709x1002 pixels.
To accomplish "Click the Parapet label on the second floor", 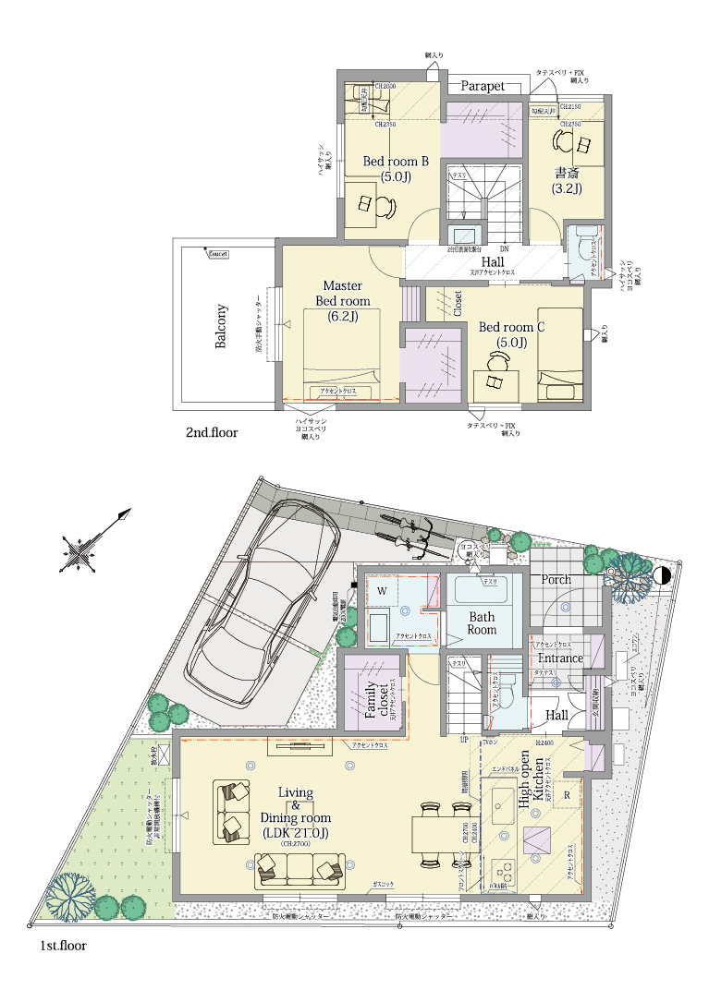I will coord(483,86).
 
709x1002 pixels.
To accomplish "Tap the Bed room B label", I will coord(396,169).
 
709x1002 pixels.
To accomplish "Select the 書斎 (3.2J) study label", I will coord(568,180).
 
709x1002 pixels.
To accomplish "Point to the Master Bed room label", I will coord(342,301).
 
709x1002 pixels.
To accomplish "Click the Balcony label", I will coord(221,327).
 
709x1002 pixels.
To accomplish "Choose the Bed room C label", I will coord(511,334).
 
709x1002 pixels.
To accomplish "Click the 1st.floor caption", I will coord(63,947).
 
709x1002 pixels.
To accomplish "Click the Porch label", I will coord(556,580).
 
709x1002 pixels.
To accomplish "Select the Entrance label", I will coord(561,658).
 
